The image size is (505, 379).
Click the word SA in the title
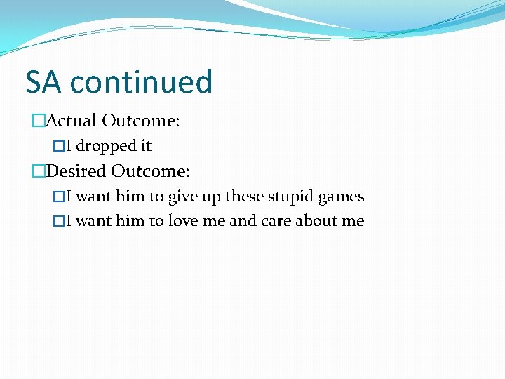tap(43, 81)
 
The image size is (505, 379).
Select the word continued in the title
tap(141, 81)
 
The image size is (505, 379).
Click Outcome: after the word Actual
tap(141, 121)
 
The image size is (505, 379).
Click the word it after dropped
tap(146, 146)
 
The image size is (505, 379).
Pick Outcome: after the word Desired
tap(151, 171)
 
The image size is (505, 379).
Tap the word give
tap(183, 197)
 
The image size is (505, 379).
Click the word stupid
tap(288, 197)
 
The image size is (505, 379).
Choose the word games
tap(341, 197)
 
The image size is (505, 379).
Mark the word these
tap(243, 197)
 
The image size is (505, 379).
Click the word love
tap(182, 221)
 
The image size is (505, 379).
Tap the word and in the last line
tap(243, 221)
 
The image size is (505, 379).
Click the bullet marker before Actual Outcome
tap(38, 121)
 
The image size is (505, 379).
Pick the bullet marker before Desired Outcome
tap(38, 171)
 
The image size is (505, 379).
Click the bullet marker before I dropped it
tap(58, 146)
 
